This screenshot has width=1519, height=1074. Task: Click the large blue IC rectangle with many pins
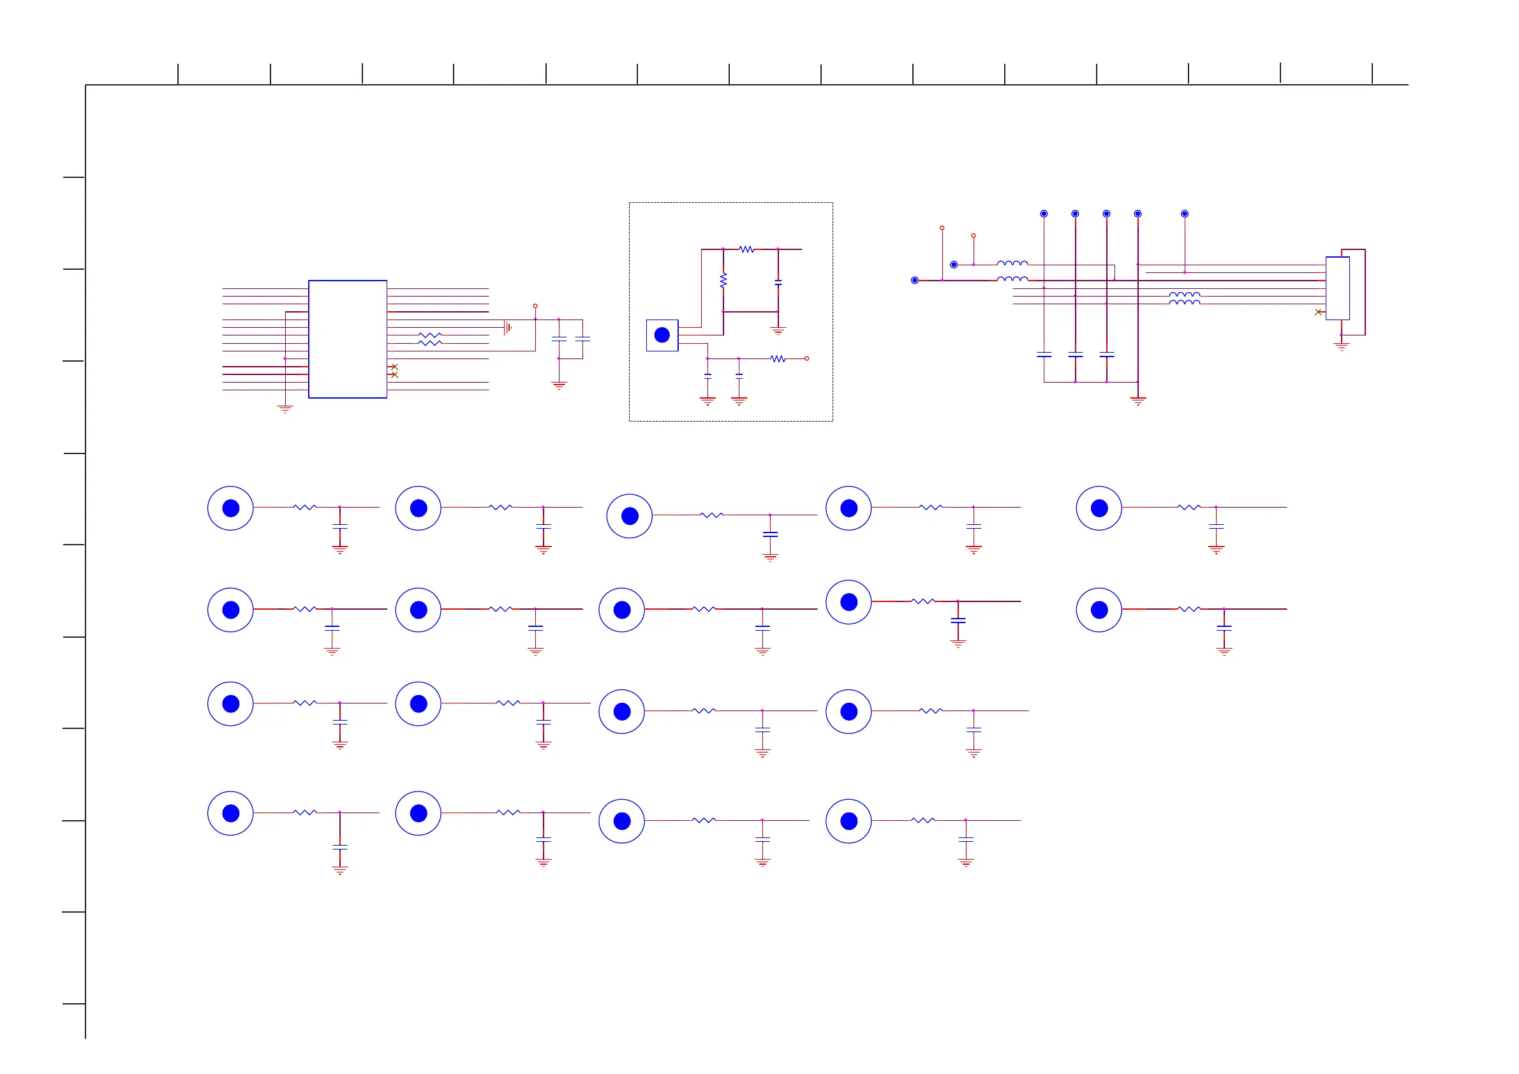[347, 339]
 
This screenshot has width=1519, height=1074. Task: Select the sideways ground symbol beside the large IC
[507, 327]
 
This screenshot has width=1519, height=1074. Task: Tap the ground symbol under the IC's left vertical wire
[285, 409]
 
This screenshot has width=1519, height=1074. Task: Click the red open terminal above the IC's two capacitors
[535, 306]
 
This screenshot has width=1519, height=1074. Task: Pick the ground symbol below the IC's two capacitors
[559, 385]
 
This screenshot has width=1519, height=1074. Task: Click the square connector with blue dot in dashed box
[662, 335]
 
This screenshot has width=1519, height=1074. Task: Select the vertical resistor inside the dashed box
[723, 280]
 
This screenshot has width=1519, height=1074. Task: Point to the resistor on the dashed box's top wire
[746, 249]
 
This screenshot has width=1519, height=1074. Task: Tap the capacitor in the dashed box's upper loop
[778, 283]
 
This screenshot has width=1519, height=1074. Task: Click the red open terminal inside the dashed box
[806, 358]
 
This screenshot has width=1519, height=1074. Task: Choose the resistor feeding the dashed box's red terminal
[778, 358]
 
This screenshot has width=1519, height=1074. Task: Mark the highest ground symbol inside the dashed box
[778, 330]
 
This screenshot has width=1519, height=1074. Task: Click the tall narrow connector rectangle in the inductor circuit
[1337, 288]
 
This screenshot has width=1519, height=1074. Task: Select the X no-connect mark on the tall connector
[1318, 312]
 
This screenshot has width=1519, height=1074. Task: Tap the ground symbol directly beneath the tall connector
[1341, 346]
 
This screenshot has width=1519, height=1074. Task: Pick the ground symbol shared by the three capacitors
[1138, 401]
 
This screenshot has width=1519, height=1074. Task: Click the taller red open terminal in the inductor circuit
[942, 228]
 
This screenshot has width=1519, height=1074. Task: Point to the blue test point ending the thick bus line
[915, 281]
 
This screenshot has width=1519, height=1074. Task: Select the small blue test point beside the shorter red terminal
[954, 265]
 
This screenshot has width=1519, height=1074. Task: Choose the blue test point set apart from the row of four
[1185, 214]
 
